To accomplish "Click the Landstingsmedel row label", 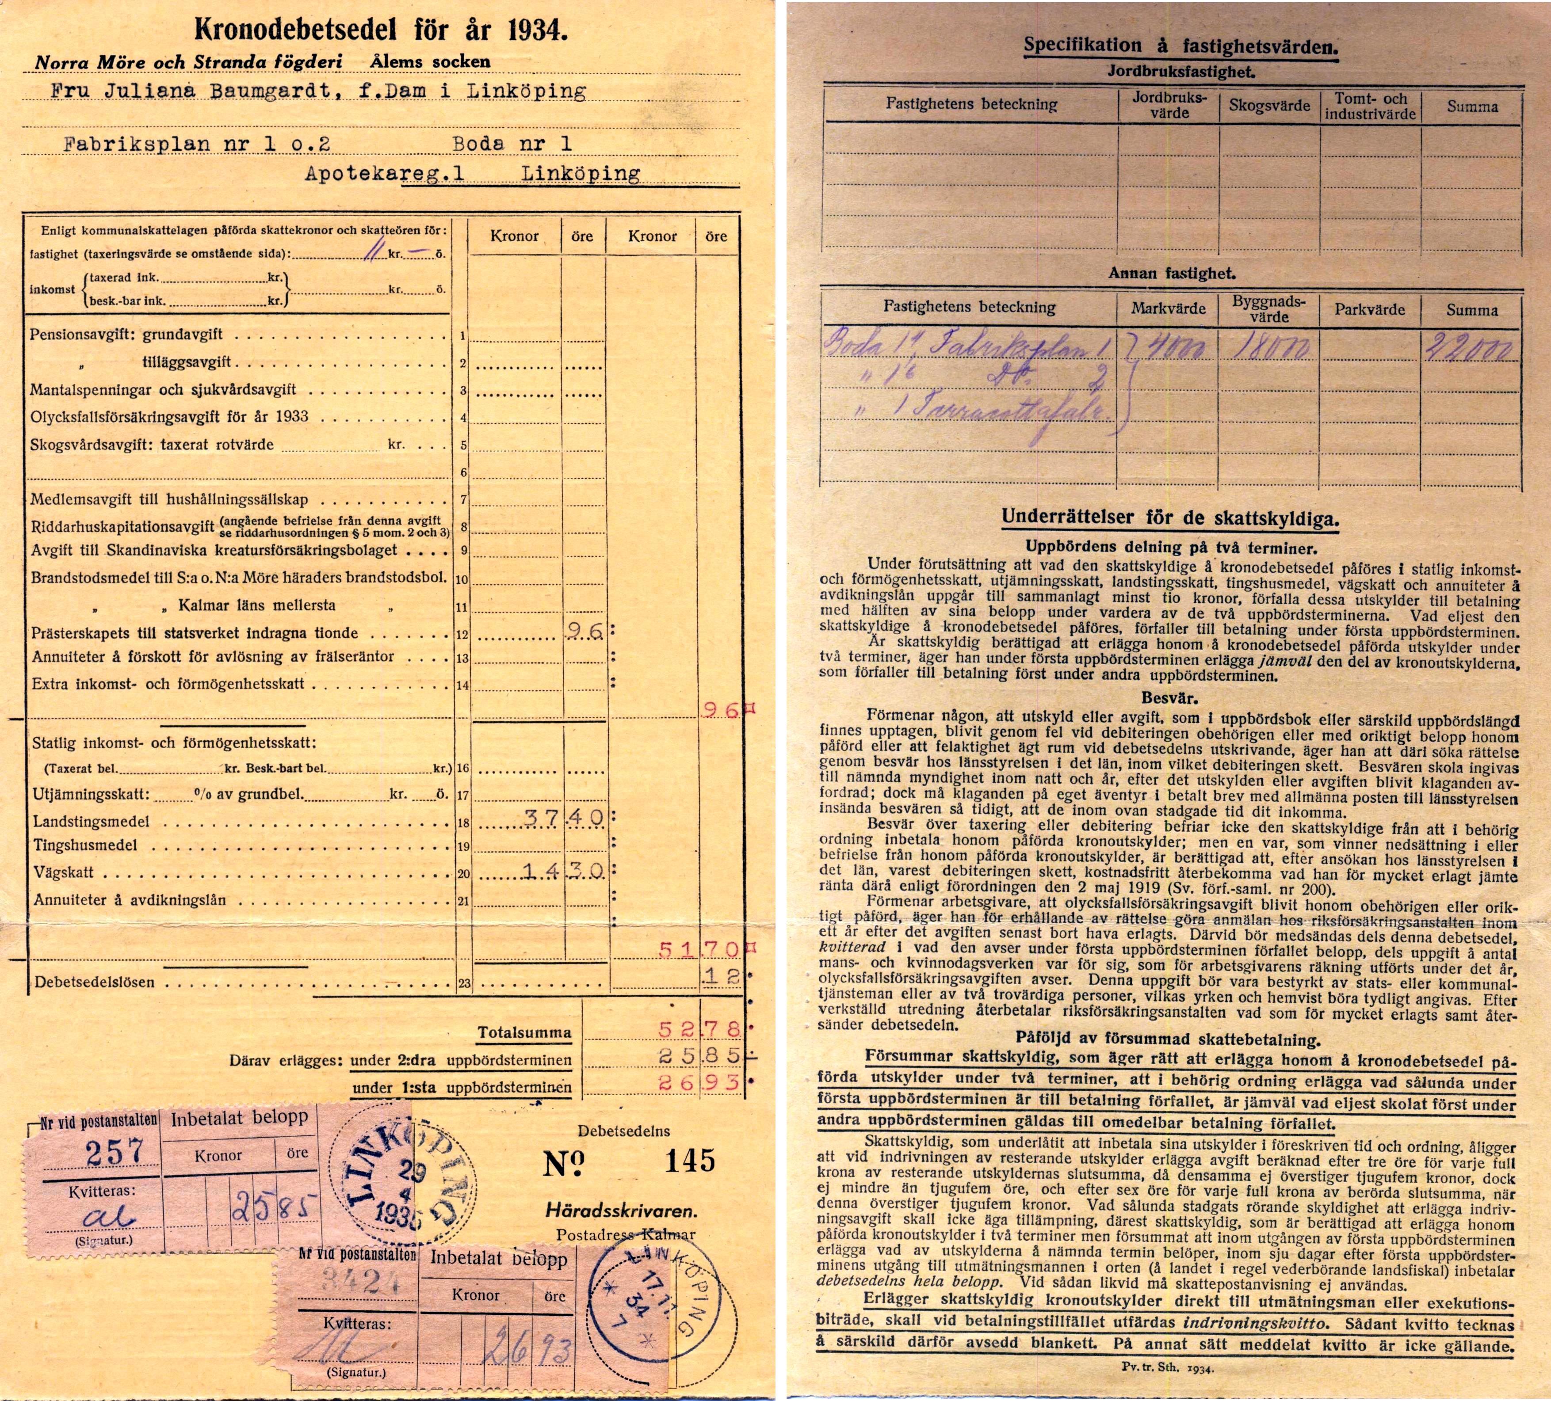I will click(x=91, y=821).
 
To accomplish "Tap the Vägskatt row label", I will click(x=64, y=873).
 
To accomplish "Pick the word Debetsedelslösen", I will click(x=94, y=982).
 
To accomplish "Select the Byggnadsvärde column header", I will click(x=1268, y=308).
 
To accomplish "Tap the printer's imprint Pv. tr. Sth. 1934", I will click(x=1167, y=1369).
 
